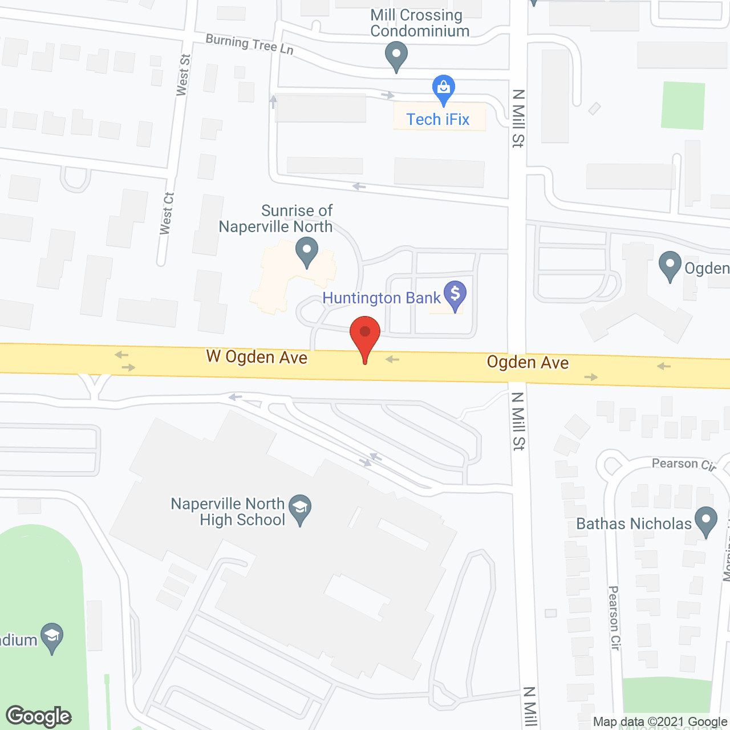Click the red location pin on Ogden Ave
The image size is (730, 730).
[365, 336]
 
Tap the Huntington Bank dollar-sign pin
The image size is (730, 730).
[455, 295]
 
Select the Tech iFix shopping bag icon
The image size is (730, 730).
[443, 89]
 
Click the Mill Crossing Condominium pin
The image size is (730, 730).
[396, 57]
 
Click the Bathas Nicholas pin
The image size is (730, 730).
[707, 521]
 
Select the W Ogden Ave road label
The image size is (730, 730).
[257, 357]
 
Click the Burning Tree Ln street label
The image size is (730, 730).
[249, 44]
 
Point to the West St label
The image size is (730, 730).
[183, 75]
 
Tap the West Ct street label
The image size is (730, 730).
[167, 213]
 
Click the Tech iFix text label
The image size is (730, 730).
[437, 119]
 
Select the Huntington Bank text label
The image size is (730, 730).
[382, 298]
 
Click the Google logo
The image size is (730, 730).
[39, 716]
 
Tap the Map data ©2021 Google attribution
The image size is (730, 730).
[660, 722]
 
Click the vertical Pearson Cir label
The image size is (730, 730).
[614, 618]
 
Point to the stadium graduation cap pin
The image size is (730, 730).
[52, 637]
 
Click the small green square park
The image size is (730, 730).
[683, 106]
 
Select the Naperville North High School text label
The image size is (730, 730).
[228, 512]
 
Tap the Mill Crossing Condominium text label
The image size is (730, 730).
[420, 23]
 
